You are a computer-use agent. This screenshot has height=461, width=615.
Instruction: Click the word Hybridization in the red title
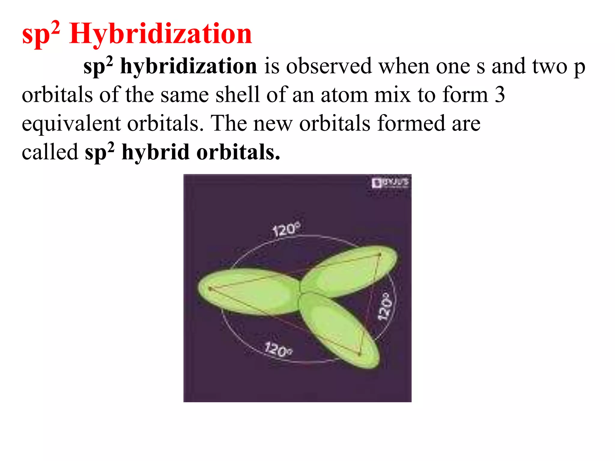click(160, 34)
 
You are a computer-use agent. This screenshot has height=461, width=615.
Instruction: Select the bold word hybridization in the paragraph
click(188, 66)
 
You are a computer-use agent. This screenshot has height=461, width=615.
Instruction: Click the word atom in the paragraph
click(344, 95)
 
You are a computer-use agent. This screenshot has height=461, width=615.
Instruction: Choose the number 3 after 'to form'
click(500, 95)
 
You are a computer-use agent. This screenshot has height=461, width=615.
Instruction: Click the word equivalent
click(71, 124)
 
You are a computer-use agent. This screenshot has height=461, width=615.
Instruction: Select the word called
click(50, 152)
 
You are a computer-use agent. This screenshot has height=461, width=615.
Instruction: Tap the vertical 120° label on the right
click(385, 306)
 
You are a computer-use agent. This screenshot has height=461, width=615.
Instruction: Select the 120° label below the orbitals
click(278, 349)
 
